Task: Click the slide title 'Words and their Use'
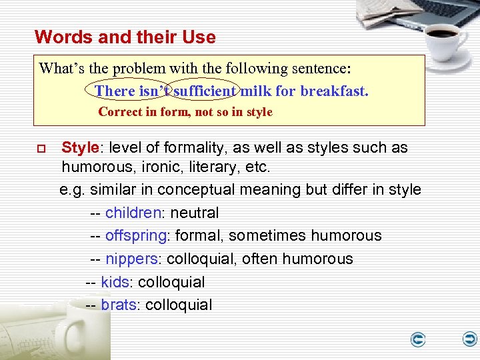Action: [125, 37]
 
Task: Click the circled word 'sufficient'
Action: [205, 91]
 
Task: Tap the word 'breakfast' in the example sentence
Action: [333, 91]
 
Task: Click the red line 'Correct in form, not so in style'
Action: [185, 112]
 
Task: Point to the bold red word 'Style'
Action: [79, 147]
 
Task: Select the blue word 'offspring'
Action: [136, 236]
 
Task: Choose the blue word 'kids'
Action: [115, 282]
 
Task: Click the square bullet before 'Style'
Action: [41, 148]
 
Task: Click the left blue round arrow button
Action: [418, 340]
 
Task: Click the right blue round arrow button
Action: [470, 339]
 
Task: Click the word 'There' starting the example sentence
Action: [114, 91]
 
